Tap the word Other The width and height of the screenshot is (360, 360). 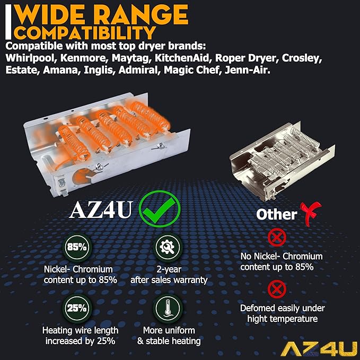click(x=276, y=215)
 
